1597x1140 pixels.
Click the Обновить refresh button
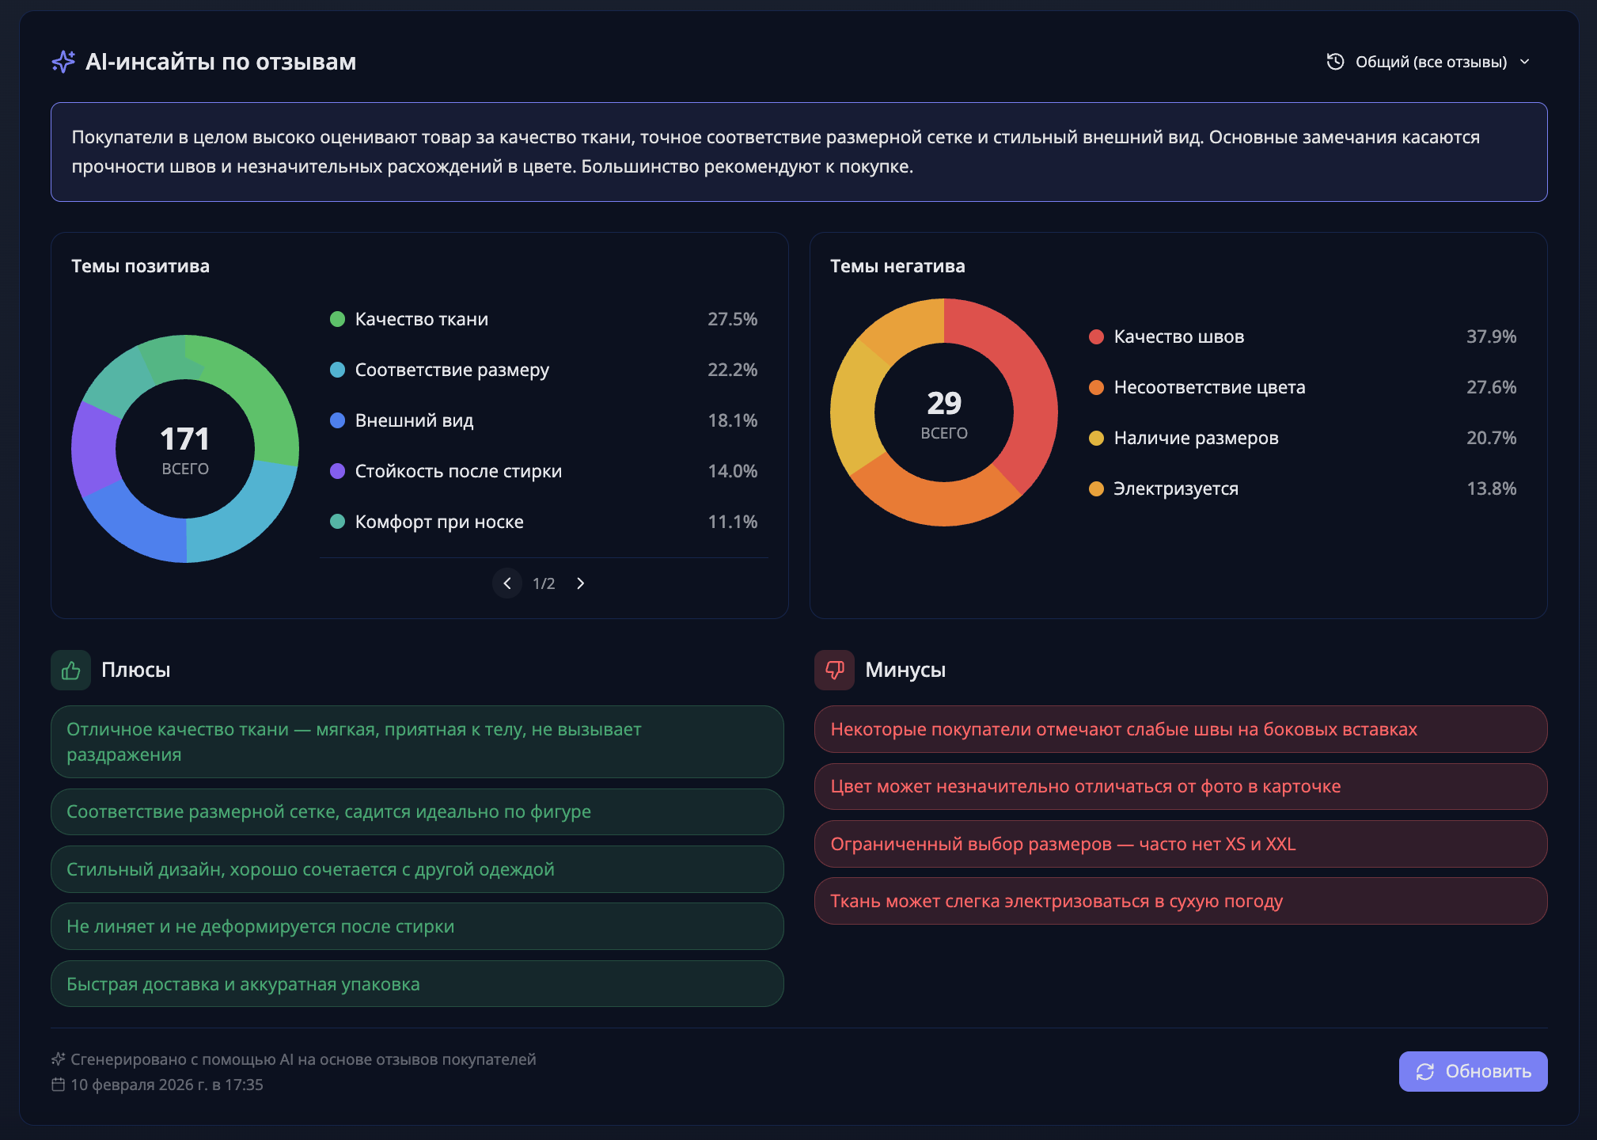[1473, 1071]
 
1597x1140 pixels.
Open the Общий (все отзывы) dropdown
[1429, 62]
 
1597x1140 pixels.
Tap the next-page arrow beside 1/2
[581, 583]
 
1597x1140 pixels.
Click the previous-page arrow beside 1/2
[507, 583]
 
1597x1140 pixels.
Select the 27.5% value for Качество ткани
[732, 319]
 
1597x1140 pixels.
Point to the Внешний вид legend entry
[414, 420]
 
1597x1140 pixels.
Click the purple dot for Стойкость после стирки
[337, 471]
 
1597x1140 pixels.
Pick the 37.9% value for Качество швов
[1491, 336]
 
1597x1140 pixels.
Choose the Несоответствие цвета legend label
[1209, 387]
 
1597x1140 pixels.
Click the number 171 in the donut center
[184, 439]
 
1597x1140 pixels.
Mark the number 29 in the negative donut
[944, 404]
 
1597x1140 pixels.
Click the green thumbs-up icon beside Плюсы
[71, 671]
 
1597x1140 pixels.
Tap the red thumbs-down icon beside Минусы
[834, 671]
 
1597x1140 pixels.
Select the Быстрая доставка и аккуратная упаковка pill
[417, 984]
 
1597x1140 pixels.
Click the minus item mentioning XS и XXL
[1180, 844]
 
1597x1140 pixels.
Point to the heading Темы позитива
[140, 266]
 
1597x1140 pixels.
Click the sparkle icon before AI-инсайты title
[63, 62]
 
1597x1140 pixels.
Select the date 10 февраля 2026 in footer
[166, 1085]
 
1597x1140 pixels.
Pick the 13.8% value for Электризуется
[1491, 488]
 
